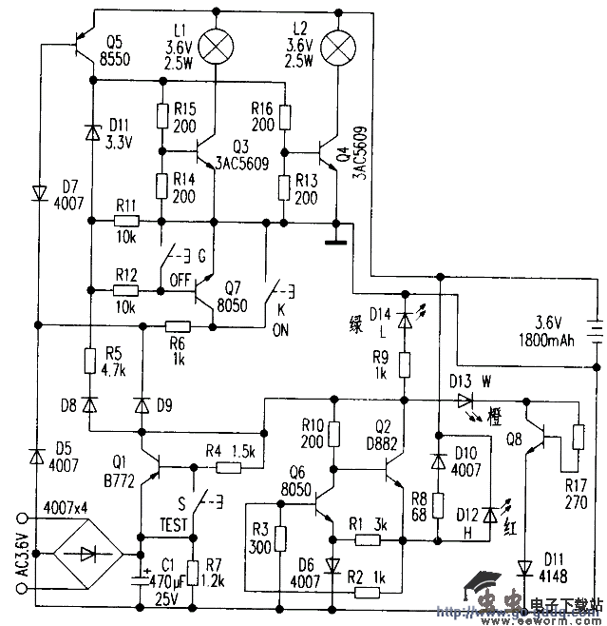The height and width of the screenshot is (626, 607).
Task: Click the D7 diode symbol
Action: point(39,192)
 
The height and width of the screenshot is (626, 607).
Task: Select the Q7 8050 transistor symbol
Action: point(205,287)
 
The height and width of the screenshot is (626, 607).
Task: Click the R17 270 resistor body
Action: point(578,437)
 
